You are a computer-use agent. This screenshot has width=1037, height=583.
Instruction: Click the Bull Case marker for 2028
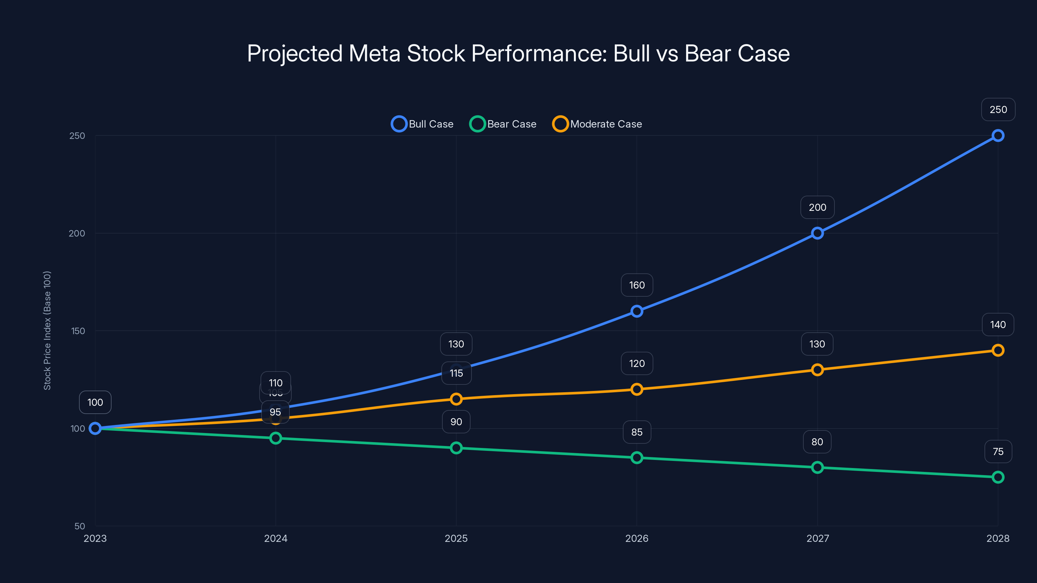click(x=997, y=136)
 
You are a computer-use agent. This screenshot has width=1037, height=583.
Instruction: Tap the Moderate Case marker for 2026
click(x=637, y=389)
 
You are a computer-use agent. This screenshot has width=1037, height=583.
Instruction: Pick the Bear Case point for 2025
click(x=456, y=448)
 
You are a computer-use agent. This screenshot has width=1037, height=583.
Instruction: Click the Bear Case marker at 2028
click(x=997, y=477)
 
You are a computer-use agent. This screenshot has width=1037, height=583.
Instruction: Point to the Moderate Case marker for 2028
click(x=997, y=350)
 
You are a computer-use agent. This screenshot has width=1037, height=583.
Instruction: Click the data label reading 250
click(x=998, y=109)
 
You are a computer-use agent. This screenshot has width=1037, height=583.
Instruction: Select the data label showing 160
click(x=637, y=285)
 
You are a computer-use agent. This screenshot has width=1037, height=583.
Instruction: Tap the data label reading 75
click(x=998, y=452)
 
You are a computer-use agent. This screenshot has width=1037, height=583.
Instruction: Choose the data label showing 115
click(x=456, y=373)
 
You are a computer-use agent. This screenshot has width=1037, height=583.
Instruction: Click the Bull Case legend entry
click(x=423, y=124)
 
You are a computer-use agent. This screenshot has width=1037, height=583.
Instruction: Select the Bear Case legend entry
click(x=503, y=124)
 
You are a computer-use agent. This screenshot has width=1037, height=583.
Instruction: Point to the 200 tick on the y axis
click(x=77, y=233)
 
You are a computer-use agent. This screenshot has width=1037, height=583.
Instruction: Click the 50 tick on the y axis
click(x=80, y=526)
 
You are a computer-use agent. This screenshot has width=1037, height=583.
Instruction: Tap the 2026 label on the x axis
click(x=637, y=538)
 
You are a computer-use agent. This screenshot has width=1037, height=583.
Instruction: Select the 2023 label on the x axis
click(x=95, y=538)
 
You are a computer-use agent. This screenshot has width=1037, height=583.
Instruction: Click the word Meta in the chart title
click(x=374, y=53)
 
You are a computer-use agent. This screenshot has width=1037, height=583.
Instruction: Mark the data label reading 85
click(x=637, y=432)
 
